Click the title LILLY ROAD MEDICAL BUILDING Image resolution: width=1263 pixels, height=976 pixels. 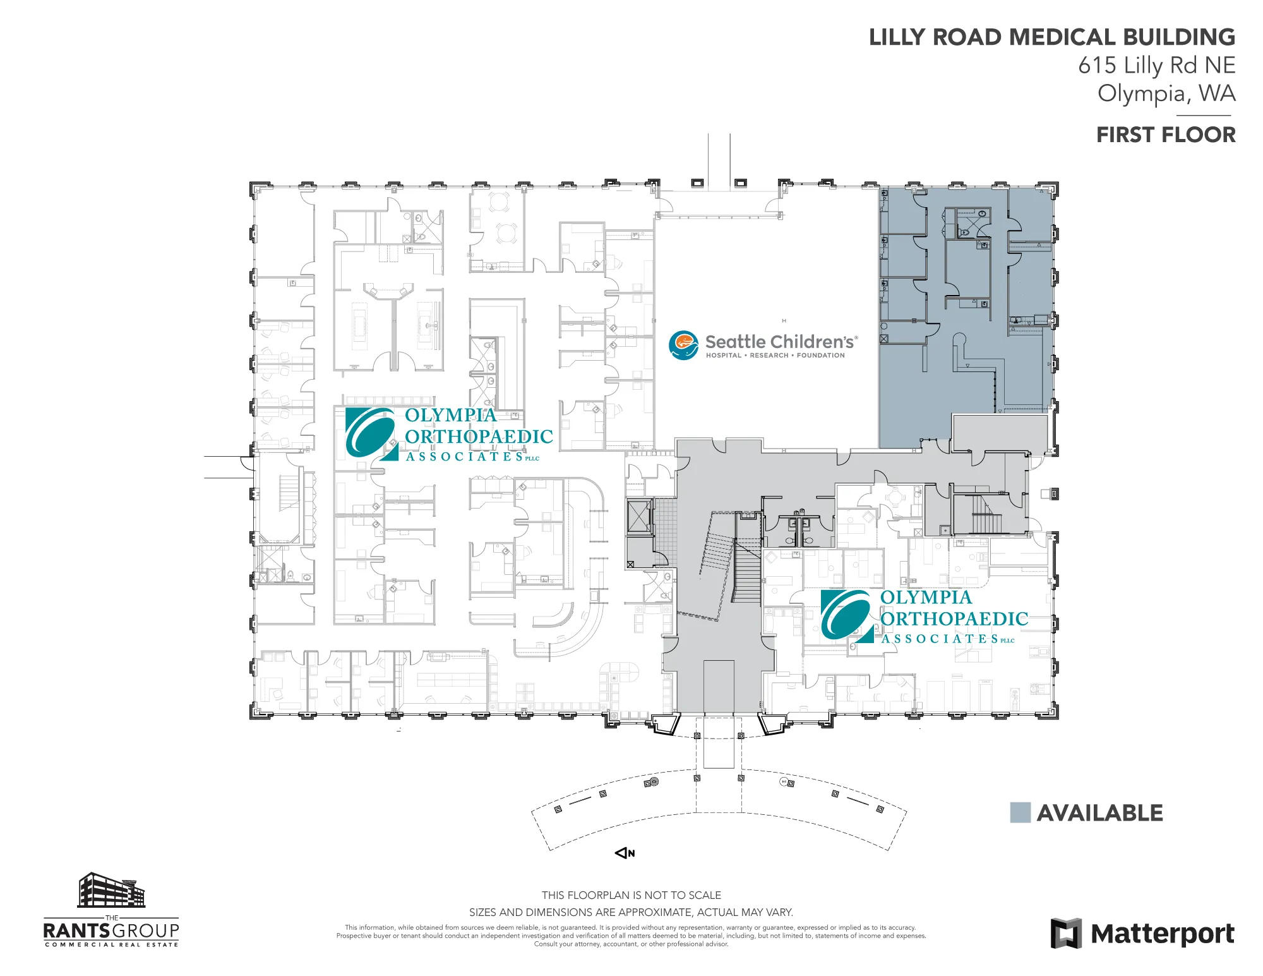click(1052, 37)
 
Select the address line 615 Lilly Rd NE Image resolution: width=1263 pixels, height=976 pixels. click(1157, 65)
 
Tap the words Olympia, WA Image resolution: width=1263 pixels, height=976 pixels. click(1166, 93)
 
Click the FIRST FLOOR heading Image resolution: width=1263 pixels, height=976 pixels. click(1166, 135)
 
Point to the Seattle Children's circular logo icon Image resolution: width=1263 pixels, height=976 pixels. click(683, 345)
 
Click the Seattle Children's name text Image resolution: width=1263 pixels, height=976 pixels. click(781, 342)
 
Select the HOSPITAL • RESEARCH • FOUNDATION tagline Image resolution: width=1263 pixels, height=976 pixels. click(775, 356)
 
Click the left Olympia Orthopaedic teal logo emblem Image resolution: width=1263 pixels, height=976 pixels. click(371, 433)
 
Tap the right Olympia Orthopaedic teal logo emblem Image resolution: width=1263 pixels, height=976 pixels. click(847, 616)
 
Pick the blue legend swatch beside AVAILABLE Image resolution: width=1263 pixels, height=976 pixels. click(1021, 812)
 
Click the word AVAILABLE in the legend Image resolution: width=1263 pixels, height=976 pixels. click(1100, 813)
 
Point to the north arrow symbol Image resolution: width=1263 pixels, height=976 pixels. click(625, 853)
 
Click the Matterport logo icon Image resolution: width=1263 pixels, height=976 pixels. click(1066, 934)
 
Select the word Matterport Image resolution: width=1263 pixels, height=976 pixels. click(1163, 934)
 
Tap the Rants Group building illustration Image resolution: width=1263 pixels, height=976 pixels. click(111, 890)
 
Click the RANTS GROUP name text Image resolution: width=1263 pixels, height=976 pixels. click(111, 931)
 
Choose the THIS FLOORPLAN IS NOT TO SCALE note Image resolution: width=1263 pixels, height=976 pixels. click(631, 895)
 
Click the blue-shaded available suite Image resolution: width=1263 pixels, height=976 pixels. click(966, 316)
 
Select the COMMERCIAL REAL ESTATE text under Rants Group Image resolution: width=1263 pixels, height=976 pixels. click(111, 945)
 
